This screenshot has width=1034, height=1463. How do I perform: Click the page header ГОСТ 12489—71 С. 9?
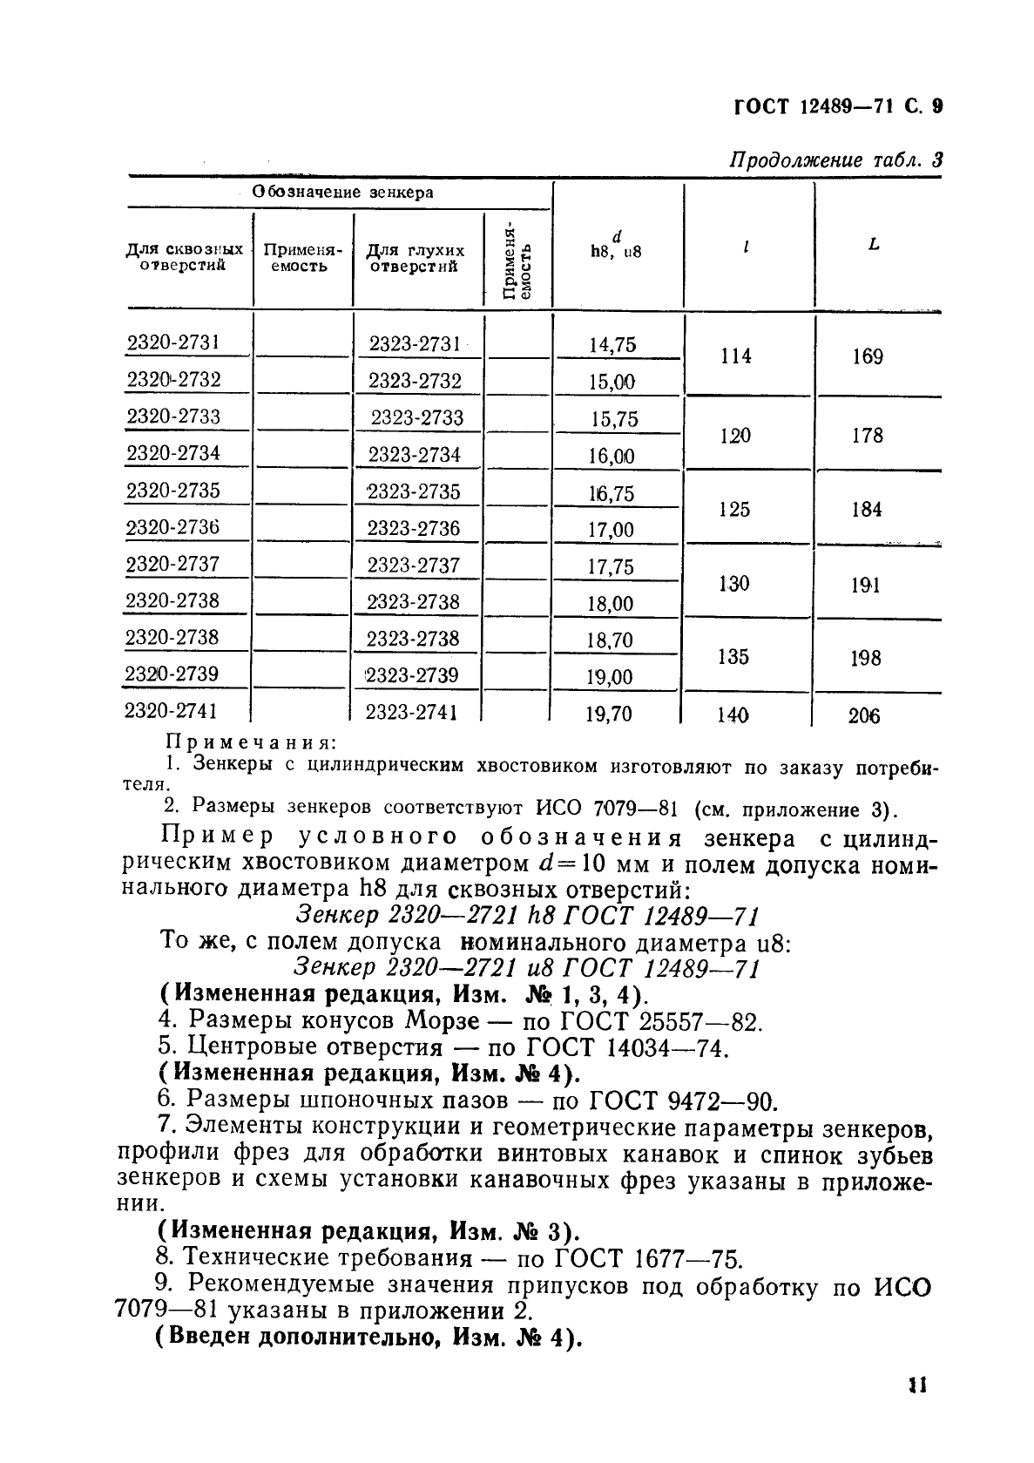click(837, 108)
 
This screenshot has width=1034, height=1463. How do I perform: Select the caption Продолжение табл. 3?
click(835, 160)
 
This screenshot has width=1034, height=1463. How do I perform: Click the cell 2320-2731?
click(173, 342)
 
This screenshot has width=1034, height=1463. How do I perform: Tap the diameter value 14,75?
click(612, 345)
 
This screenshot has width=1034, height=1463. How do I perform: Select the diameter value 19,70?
click(608, 715)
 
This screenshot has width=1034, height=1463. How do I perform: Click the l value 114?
click(736, 356)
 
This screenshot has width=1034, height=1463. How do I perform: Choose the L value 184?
click(867, 510)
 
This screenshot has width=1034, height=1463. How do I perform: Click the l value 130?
click(733, 584)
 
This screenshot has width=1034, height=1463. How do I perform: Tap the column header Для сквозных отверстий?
click(185, 258)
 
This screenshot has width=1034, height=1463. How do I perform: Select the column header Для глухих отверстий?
click(415, 258)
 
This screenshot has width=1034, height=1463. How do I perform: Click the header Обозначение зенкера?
click(342, 193)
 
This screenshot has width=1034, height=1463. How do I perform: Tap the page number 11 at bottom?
click(915, 1385)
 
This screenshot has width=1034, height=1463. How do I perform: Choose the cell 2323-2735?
click(413, 492)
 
